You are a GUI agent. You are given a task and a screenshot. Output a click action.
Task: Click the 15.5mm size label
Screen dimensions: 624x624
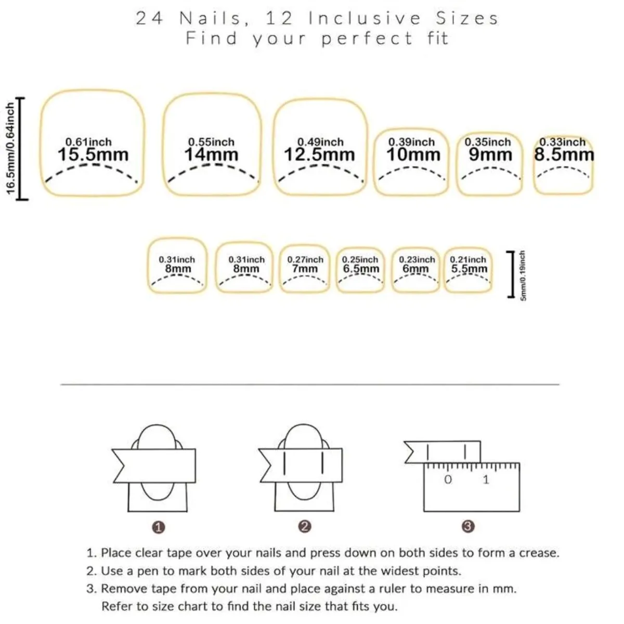pyautogui.click(x=92, y=154)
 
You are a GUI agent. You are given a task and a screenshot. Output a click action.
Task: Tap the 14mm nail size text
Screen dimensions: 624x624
pyautogui.click(x=211, y=154)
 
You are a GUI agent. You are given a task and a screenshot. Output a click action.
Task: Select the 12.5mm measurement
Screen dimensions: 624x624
pyautogui.click(x=319, y=154)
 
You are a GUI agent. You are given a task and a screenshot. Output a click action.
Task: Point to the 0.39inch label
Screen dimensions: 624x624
pyautogui.click(x=411, y=142)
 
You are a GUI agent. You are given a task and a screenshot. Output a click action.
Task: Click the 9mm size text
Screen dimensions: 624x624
pyautogui.click(x=490, y=154)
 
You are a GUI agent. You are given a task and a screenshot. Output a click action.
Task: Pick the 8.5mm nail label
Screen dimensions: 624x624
pyautogui.click(x=564, y=154)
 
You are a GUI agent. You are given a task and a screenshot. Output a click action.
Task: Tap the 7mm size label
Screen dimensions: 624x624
pyautogui.click(x=305, y=269)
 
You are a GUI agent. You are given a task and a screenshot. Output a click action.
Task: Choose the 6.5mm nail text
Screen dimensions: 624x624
pyautogui.click(x=361, y=269)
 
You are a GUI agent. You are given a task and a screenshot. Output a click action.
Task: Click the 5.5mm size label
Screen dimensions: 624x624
pyautogui.click(x=469, y=269)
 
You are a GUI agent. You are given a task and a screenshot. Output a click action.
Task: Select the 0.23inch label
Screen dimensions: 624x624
pyautogui.click(x=417, y=259)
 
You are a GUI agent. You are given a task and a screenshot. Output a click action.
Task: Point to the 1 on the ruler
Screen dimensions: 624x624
pyautogui.click(x=486, y=479)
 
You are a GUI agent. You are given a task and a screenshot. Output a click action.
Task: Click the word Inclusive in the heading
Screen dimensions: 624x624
pyautogui.click(x=365, y=19)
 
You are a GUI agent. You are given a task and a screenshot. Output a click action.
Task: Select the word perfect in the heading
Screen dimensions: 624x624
pyautogui.click(x=367, y=38)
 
